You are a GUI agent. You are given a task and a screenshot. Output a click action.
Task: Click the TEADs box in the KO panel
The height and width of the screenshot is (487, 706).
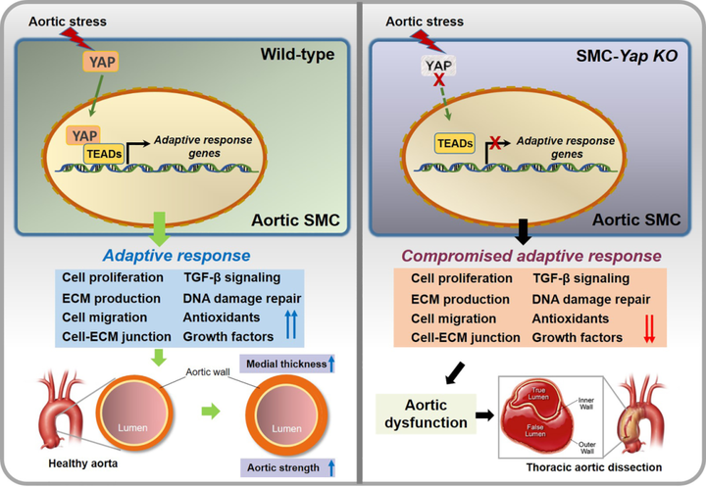[x=454, y=144]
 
